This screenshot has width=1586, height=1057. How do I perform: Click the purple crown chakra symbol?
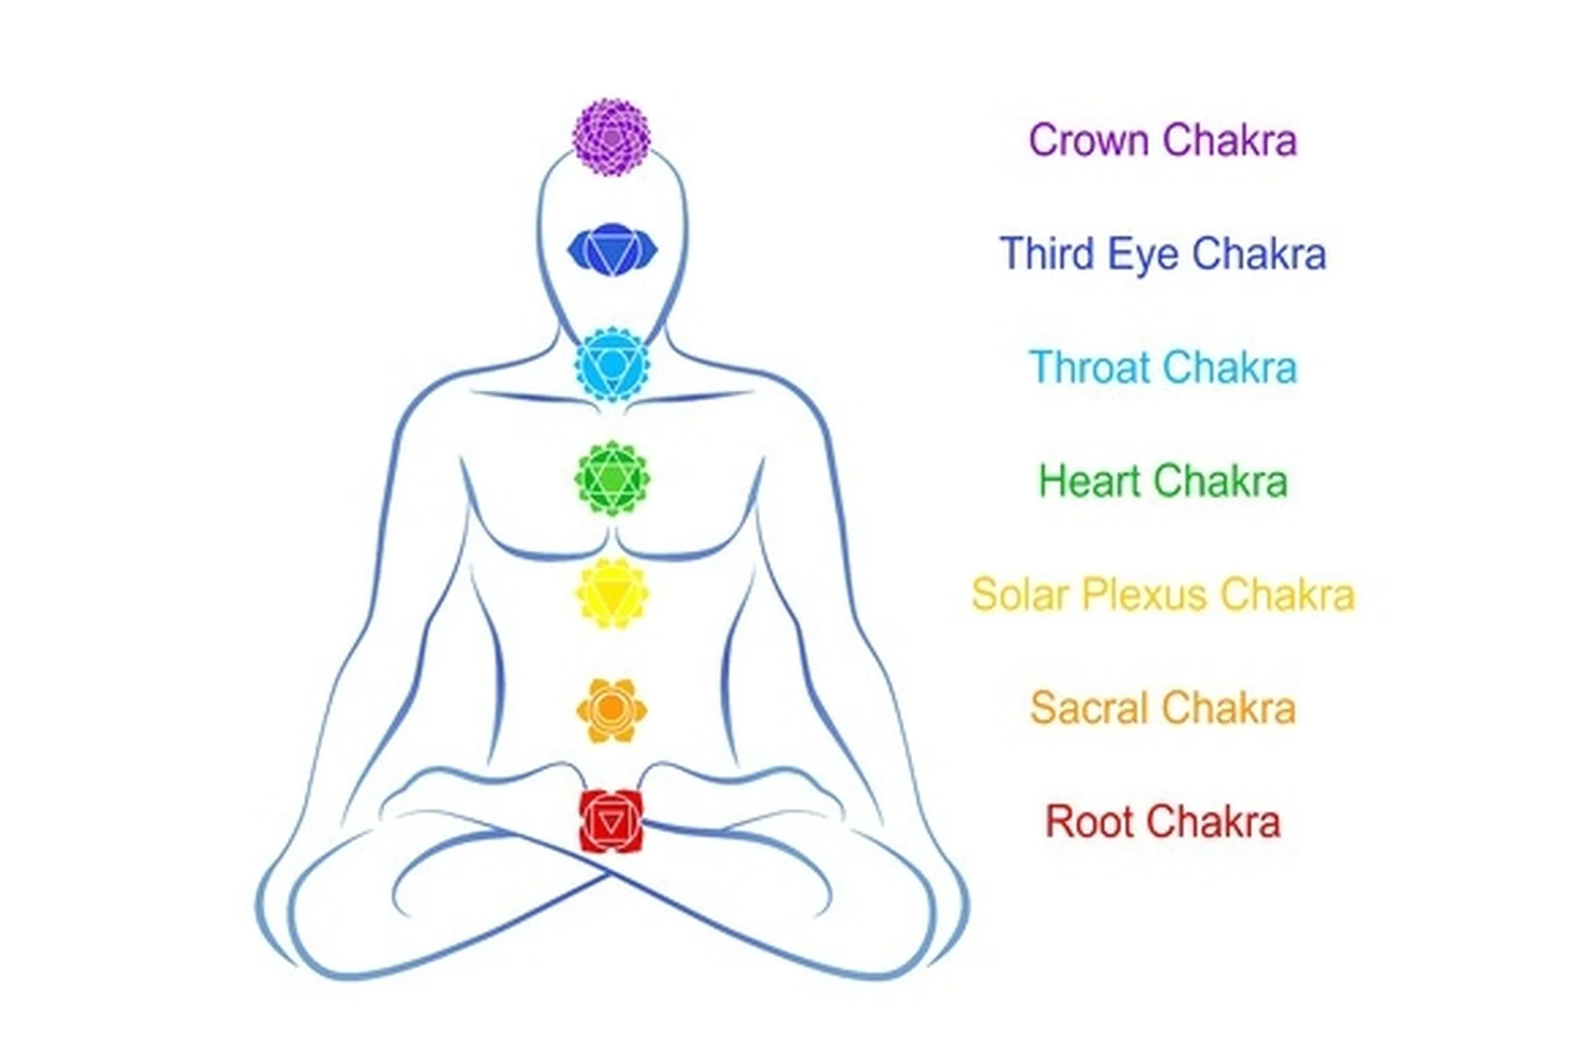611,137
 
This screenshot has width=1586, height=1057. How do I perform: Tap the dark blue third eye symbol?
612,249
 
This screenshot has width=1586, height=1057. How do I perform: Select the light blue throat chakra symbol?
612,364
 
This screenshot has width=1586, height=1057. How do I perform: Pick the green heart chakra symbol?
612,479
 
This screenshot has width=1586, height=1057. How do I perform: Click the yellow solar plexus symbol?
612,594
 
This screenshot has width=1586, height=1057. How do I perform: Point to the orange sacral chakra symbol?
611,709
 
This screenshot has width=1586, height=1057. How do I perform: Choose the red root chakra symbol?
611,821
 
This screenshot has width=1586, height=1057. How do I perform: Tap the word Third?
1047,254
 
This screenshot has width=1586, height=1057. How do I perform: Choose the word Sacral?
1089,709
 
